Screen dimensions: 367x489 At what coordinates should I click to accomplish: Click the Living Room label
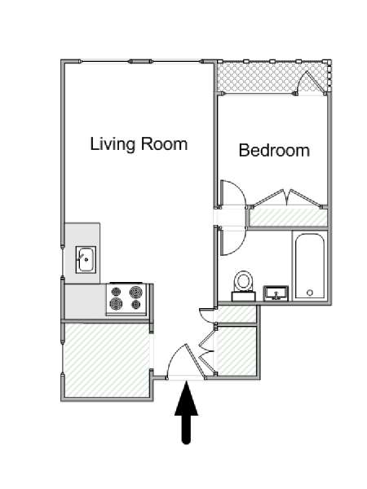(139, 144)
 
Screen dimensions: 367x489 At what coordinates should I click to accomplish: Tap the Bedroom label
(274, 150)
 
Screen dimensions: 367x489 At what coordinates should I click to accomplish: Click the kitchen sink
(86, 259)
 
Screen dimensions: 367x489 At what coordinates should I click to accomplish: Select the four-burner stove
(126, 299)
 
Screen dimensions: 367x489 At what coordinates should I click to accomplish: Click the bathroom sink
(276, 293)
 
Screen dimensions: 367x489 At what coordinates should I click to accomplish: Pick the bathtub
(310, 266)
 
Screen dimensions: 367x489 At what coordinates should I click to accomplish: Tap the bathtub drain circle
(310, 293)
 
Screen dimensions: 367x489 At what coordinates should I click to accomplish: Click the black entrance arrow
(186, 412)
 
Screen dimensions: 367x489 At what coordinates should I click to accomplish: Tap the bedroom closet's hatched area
(289, 217)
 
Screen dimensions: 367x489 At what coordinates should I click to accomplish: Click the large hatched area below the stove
(106, 360)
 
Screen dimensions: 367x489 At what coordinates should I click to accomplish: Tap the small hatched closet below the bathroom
(237, 314)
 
